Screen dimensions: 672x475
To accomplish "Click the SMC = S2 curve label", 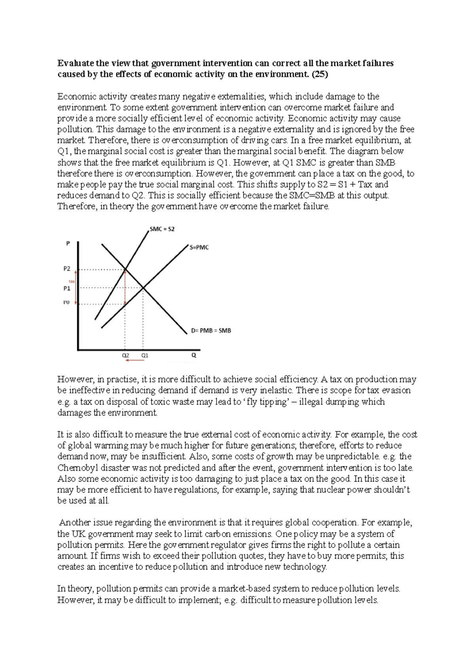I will (x=162, y=229).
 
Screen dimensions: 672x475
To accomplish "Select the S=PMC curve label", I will (x=199, y=247).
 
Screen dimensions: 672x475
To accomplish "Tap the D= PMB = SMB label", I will (x=211, y=330).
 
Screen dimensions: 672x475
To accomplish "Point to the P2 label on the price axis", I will (x=67, y=269).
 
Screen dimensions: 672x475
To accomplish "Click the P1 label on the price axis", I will (x=67, y=289).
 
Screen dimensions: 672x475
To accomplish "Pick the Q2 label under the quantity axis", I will (x=125, y=355).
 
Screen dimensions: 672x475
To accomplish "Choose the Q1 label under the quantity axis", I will (x=145, y=355).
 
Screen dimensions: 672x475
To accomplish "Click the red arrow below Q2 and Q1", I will (x=135, y=361).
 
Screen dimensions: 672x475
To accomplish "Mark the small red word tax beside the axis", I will (x=72, y=282).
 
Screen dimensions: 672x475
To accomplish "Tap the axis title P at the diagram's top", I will (x=68, y=244).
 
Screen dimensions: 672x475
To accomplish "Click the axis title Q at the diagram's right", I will (x=194, y=355).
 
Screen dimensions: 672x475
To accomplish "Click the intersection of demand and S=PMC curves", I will (x=143, y=288).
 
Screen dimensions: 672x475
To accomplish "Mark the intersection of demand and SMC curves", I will (x=125, y=270).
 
